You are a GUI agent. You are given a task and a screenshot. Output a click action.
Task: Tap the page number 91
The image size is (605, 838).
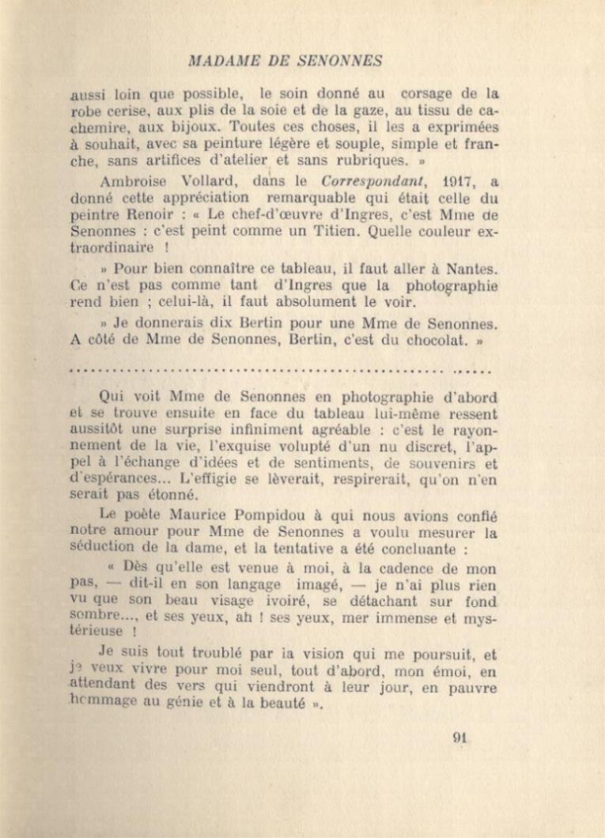click(460, 738)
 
